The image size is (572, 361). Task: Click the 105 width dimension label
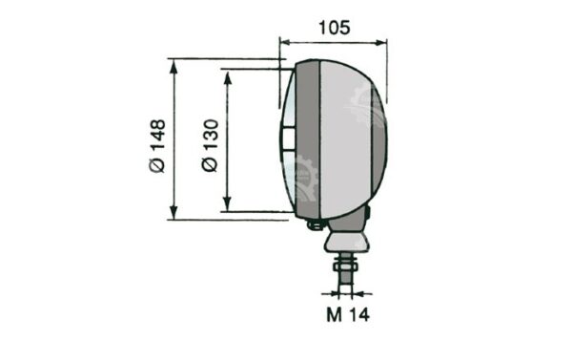335,28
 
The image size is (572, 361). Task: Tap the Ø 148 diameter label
157,146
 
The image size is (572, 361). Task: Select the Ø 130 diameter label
210,145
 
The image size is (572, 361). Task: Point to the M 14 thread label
348,314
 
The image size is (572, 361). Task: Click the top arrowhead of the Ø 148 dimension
174,67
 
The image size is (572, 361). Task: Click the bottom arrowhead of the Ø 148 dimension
174,212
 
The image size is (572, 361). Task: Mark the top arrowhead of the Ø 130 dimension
228,77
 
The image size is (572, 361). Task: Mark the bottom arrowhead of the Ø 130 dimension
228,203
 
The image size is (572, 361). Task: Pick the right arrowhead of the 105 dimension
380,43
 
